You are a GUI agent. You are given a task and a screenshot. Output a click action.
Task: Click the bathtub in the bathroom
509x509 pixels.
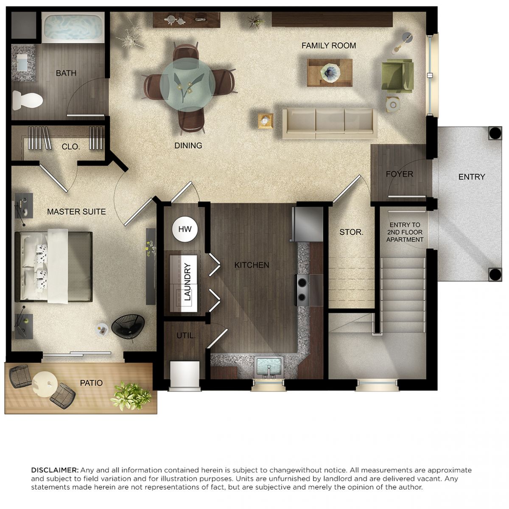click(73, 28)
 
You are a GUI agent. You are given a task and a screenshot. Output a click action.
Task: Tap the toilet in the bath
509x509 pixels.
click(28, 100)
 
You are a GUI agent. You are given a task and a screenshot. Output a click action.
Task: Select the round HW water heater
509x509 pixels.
click(185, 229)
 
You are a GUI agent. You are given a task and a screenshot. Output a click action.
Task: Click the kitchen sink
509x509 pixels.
click(269, 367)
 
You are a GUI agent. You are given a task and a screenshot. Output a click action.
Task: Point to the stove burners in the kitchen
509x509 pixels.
click(302, 290)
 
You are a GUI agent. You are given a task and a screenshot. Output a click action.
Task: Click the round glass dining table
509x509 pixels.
click(187, 84)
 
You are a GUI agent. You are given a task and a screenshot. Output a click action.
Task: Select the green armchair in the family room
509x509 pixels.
click(397, 75)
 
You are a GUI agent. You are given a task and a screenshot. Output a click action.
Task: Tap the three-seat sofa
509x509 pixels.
click(330, 123)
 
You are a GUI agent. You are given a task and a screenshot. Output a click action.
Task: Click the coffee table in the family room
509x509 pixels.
click(330, 73)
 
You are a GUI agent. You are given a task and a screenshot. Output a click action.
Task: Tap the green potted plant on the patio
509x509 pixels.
click(131, 396)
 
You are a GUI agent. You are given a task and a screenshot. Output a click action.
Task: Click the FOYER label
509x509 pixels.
click(400, 174)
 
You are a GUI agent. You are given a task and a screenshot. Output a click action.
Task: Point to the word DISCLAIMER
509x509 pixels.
click(55, 470)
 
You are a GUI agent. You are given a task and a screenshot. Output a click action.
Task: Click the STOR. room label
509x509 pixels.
click(351, 232)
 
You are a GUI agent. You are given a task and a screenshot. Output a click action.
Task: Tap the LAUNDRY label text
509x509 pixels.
click(187, 282)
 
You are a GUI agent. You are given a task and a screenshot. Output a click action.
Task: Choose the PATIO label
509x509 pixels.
click(91, 383)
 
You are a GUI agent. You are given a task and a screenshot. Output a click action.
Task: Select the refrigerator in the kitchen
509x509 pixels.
click(307, 224)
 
